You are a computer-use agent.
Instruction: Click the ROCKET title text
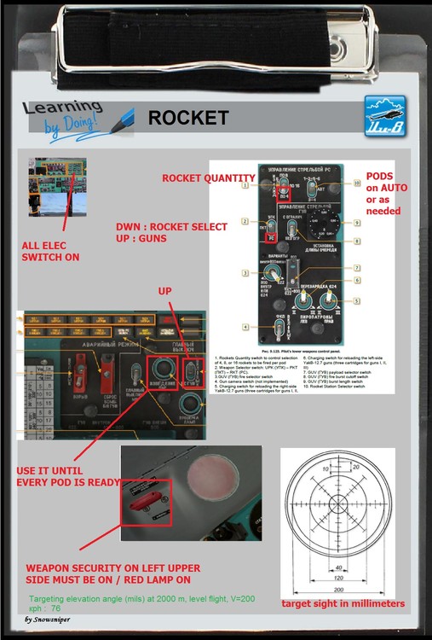point(187,118)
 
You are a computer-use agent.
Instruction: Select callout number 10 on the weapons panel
point(358,183)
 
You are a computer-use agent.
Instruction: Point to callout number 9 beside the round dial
point(358,223)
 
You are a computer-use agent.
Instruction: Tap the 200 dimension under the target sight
point(339,590)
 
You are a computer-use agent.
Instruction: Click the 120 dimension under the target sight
point(339,578)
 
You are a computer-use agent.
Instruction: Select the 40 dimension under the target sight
point(339,566)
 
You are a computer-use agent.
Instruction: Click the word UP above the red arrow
point(165,292)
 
